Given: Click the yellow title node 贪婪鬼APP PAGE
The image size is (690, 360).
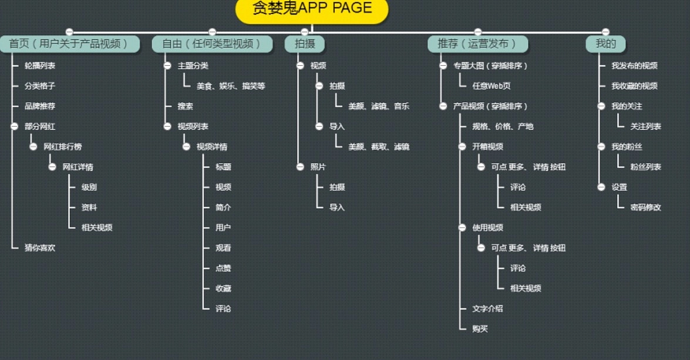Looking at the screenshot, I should pyautogui.click(x=312, y=8).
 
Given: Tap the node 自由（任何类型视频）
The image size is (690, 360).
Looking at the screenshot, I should pyautogui.click(x=213, y=44).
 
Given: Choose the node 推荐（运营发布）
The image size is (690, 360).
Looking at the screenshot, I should pyautogui.click(x=477, y=44).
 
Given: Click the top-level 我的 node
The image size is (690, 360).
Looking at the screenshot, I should pyautogui.click(x=605, y=44).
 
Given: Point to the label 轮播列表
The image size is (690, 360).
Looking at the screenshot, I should pyautogui.click(x=40, y=66).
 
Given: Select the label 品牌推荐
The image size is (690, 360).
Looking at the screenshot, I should pyautogui.click(x=40, y=106).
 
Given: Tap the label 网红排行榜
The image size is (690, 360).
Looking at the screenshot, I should pyautogui.click(x=63, y=147).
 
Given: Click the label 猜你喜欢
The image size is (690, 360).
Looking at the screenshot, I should pyautogui.click(x=40, y=248).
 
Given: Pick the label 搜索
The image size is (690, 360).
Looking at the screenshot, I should pyautogui.click(x=186, y=106).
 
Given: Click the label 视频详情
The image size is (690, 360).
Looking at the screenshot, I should pyautogui.click(x=212, y=147).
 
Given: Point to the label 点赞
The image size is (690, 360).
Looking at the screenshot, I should pyautogui.click(x=223, y=268).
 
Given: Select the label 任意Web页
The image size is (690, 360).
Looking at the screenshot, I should pyautogui.click(x=492, y=86).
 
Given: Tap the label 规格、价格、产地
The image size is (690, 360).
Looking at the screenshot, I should pyautogui.click(x=503, y=126).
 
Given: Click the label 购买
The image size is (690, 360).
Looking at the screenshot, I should pyautogui.click(x=480, y=329).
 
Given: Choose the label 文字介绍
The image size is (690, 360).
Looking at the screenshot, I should pyautogui.click(x=487, y=309).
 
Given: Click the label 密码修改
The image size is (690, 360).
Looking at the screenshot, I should pyautogui.click(x=645, y=207).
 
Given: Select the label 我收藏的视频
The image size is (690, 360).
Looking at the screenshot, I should pyautogui.click(x=634, y=86).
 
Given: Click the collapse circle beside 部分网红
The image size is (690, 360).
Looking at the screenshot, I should pyautogui.click(x=14, y=126).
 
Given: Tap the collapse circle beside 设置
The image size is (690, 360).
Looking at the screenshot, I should pyautogui.click(x=601, y=187).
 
